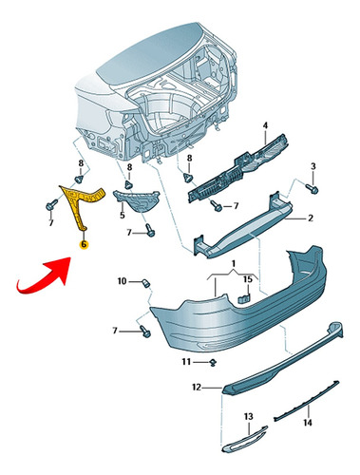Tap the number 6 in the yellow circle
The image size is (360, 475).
click(x=84, y=244)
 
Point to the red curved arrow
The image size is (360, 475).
click(x=45, y=275)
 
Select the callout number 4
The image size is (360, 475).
click(x=265, y=125)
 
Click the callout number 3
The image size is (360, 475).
click(x=313, y=166)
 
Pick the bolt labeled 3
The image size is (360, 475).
click(x=313, y=189)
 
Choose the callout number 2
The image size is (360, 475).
click(x=311, y=218)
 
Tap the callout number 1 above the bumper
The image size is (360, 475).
click(x=234, y=263)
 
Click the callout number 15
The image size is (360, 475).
click(x=248, y=279)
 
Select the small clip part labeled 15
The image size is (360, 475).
click(x=244, y=298)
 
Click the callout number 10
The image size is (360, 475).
click(x=122, y=281)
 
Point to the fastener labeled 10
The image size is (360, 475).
click(x=145, y=283)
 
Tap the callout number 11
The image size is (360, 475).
click(x=186, y=362)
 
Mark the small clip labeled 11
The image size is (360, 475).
click(x=214, y=362)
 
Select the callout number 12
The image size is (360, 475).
click(x=197, y=387)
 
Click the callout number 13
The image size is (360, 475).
click(x=249, y=416)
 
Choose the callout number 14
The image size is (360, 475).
click(x=308, y=423)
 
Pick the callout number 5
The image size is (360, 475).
click(x=123, y=216)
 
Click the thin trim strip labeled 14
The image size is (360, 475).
click(x=307, y=401)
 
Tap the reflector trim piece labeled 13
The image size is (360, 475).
click(x=244, y=440)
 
